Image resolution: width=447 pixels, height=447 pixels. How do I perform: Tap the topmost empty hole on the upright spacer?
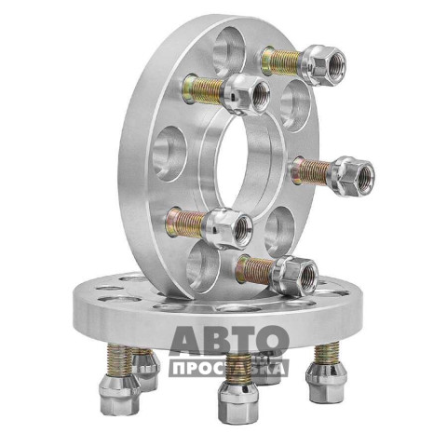click(230, 51)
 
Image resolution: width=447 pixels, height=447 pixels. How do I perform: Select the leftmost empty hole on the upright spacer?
click(169, 154)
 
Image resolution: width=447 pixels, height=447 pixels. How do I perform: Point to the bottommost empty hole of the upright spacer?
click(204, 267)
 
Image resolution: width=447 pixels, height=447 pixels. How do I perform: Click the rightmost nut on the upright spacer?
click(354, 174)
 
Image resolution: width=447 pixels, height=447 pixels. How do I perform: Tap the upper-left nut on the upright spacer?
click(247, 94)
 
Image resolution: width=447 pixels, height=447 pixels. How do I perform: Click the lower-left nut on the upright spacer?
click(229, 227)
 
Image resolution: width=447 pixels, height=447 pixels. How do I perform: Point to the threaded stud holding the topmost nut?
click(281, 61)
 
